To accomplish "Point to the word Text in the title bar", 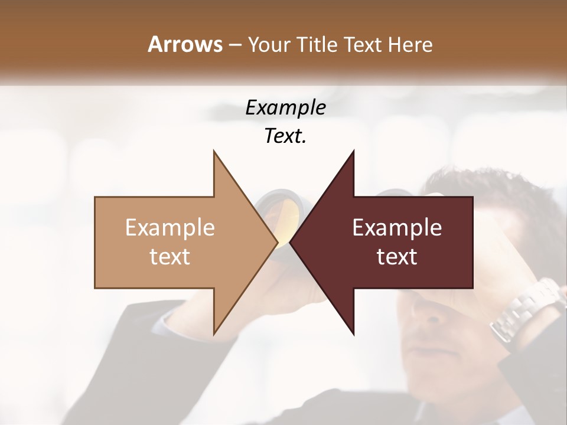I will pos(364,45).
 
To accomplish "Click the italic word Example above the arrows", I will pos(285,108).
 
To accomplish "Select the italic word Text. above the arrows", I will pos(285,136).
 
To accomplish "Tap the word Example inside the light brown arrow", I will pos(170,228).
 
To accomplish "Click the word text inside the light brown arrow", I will pos(170,257).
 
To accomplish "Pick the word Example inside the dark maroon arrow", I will pos(397,228).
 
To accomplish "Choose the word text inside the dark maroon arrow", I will pos(397,257).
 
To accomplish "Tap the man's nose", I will pos(434,313).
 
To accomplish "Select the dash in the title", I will pos(234,45).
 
